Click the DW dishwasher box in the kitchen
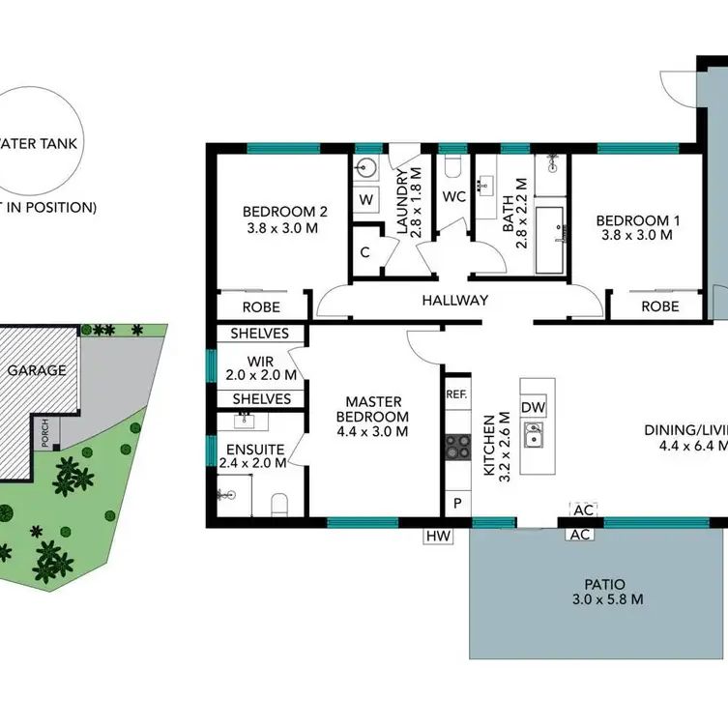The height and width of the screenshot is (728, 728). pyautogui.click(x=533, y=407)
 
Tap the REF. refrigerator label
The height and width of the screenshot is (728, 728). pyautogui.click(x=456, y=394)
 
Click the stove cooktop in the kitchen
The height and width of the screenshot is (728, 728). pyautogui.click(x=456, y=447)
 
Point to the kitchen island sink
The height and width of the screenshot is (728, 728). pyautogui.click(x=533, y=436)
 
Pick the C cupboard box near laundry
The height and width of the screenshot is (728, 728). pyautogui.click(x=366, y=252)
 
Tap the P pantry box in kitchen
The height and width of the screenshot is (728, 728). pyautogui.click(x=456, y=503)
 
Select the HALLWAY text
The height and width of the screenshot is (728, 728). pyautogui.click(x=454, y=301)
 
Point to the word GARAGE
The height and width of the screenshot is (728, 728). pyautogui.click(x=37, y=369)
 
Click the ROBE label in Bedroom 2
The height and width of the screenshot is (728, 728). pyautogui.click(x=261, y=306)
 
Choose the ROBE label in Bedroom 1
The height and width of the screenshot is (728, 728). pyautogui.click(x=659, y=306)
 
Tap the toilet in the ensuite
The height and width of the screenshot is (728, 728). pyautogui.click(x=278, y=504)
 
